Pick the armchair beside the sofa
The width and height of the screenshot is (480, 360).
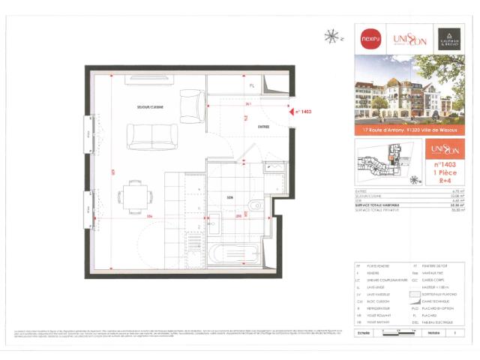(190, 106)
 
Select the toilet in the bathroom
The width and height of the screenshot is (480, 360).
(256, 203)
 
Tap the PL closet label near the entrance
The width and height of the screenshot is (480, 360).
(252, 85)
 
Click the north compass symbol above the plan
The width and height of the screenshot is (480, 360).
(330, 34)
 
